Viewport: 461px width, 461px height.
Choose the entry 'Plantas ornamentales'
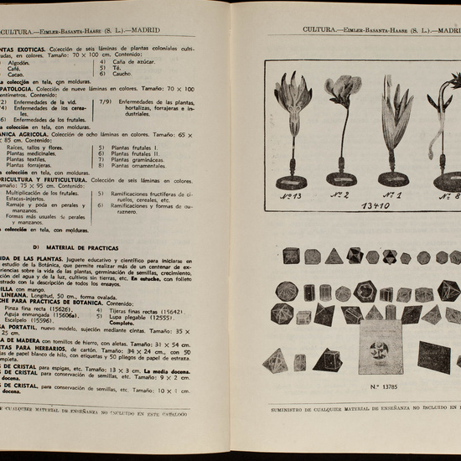141,165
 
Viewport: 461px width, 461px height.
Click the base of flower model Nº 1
393,178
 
